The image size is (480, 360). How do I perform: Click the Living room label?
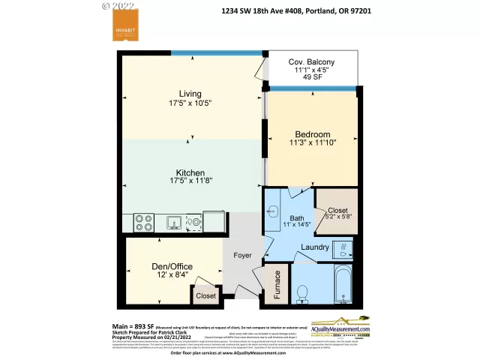[190, 94]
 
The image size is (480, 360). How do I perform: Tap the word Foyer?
[242, 256]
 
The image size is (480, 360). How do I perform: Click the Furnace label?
[277, 285]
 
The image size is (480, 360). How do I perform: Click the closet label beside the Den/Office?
[205, 296]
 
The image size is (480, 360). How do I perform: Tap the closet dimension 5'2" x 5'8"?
[337, 217]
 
